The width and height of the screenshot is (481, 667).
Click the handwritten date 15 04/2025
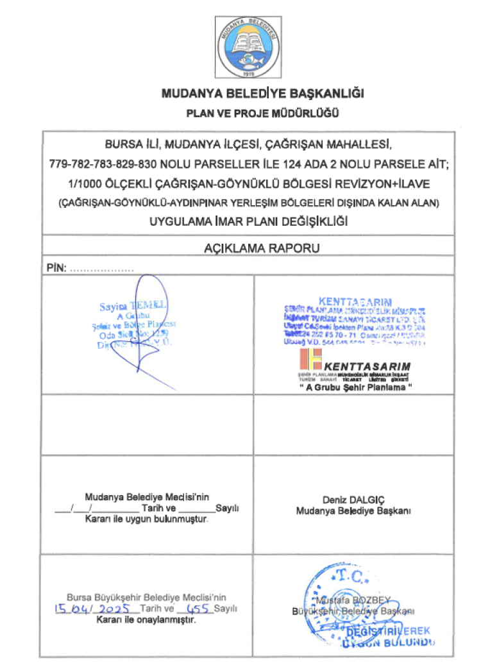[x=94, y=607]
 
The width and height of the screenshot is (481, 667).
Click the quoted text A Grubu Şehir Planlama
[x=354, y=391]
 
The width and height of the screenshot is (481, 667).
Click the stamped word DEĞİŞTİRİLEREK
[x=389, y=632]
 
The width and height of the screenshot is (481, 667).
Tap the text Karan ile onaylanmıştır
[x=146, y=620]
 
